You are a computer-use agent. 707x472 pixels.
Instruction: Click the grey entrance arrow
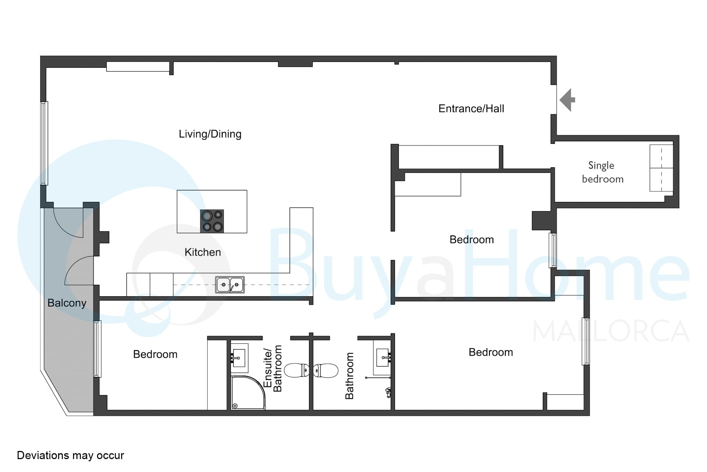567,100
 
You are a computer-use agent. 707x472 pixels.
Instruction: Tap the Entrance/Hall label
471,108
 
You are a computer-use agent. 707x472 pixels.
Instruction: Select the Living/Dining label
210,134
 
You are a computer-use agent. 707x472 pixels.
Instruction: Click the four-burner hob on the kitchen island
212,221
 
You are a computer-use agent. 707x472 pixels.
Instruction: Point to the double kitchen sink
230,285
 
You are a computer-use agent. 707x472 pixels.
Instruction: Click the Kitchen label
203,252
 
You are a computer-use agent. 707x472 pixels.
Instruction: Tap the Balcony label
67,303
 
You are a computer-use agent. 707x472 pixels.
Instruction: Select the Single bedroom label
602,172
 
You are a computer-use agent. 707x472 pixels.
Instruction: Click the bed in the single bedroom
661,168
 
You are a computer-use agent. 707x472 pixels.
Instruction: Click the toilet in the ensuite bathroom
297,370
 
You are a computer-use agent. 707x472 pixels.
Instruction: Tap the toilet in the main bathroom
326,370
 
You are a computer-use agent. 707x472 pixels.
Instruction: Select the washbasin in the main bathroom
383,357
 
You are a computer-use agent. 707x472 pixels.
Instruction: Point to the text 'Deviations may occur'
70,455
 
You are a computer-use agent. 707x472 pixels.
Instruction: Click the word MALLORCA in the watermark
611,331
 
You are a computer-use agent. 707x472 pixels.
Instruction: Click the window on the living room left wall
44,143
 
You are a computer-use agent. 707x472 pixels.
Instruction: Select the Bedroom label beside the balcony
155,354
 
